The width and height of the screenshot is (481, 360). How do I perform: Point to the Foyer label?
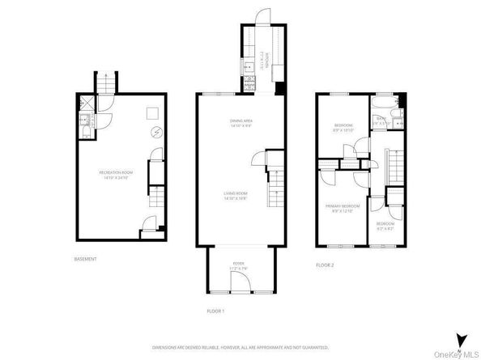pyautogui.click(x=239, y=264)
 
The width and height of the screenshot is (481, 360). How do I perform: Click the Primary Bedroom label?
pyautogui.click(x=342, y=208)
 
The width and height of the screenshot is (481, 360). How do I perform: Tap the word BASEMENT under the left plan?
pyautogui.click(x=85, y=259)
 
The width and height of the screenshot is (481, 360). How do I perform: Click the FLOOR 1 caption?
pyautogui.click(x=215, y=311)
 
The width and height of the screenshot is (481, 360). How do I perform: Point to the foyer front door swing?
pyautogui.click(x=240, y=282)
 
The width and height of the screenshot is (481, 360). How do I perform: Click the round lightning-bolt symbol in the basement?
pyautogui.click(x=158, y=133)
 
